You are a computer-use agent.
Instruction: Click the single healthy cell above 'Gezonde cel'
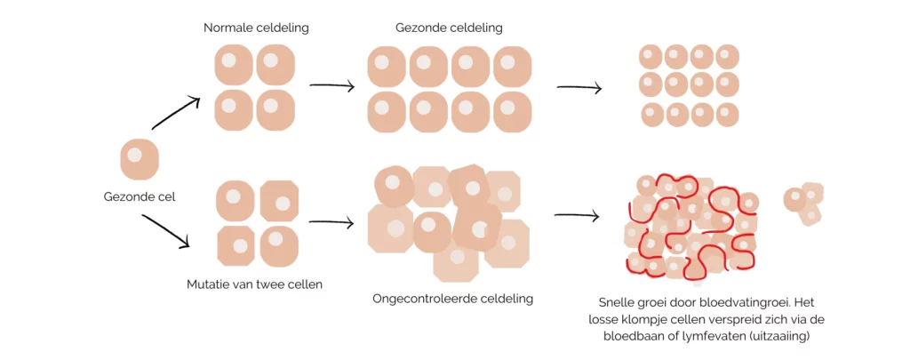coord(139,159)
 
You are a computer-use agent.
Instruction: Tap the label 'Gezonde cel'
coord(139,196)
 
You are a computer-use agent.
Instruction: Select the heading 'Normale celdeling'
coord(256,28)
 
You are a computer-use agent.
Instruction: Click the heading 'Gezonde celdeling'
coord(449,28)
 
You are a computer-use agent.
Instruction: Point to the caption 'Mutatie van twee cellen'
coord(254,284)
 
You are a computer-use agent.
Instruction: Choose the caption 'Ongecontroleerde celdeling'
coord(452,299)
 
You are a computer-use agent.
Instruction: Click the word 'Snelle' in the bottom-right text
coord(620,301)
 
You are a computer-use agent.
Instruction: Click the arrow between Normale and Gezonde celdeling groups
coord(331,86)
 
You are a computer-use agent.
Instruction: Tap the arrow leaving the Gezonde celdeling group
coord(579,88)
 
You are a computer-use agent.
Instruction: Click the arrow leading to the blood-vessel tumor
coord(577,216)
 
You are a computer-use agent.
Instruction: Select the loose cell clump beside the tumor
coord(803,204)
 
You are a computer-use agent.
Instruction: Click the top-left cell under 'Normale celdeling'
coord(234,66)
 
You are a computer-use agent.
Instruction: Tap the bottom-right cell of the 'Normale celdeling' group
coord(275,109)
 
